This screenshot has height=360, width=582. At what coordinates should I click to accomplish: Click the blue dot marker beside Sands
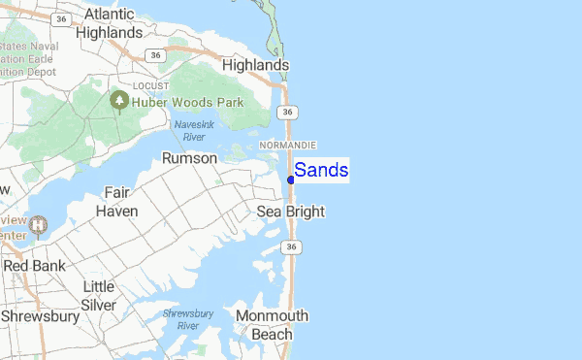point(291,180)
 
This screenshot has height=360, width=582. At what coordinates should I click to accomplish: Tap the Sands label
point(321,171)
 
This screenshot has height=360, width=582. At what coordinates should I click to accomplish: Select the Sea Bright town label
point(290,212)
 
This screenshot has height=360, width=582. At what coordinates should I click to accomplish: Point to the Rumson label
point(189,157)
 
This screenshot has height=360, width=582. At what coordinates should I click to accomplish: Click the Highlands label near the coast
point(256,65)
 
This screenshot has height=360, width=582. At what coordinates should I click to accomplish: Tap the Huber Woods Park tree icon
point(119,99)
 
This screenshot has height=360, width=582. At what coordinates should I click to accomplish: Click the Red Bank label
point(34,265)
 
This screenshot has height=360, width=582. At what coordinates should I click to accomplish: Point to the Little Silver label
point(99,295)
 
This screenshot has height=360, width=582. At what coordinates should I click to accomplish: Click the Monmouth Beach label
point(272,325)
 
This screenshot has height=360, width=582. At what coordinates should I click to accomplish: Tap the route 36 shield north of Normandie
point(288,113)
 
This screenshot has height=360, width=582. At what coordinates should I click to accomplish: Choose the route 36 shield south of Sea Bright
point(292,248)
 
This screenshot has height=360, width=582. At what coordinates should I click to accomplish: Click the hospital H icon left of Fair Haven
point(38,225)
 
